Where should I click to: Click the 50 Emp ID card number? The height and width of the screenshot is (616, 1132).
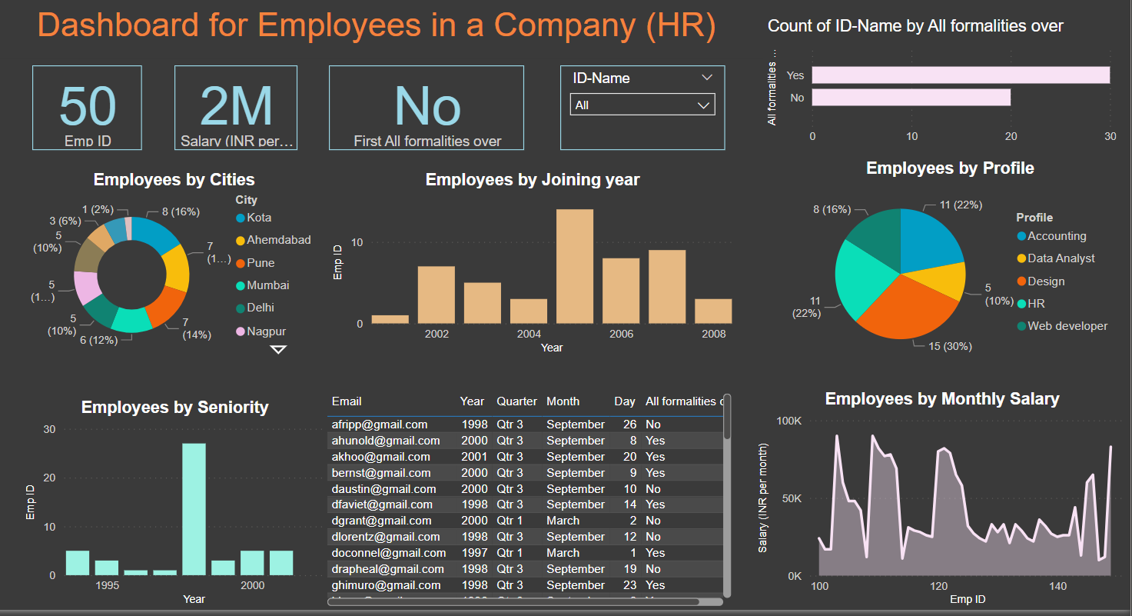click(88, 106)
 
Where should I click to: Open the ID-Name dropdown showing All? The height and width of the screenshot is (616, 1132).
click(642, 105)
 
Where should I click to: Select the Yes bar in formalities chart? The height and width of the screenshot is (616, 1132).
click(961, 75)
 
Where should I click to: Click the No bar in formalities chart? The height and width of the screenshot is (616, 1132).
click(911, 98)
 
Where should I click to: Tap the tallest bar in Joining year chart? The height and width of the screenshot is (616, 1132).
click(575, 266)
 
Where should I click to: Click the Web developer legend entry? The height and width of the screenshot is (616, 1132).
click(1067, 326)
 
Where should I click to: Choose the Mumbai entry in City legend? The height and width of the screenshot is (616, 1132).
click(267, 285)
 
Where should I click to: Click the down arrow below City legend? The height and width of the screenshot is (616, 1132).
click(278, 350)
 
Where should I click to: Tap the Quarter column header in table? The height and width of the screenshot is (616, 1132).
click(516, 401)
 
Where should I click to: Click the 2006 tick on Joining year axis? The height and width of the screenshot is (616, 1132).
click(621, 334)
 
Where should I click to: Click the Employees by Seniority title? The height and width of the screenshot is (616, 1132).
click(174, 408)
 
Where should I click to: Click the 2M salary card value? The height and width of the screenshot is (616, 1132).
click(236, 106)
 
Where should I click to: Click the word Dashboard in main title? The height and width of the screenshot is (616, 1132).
click(118, 25)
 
